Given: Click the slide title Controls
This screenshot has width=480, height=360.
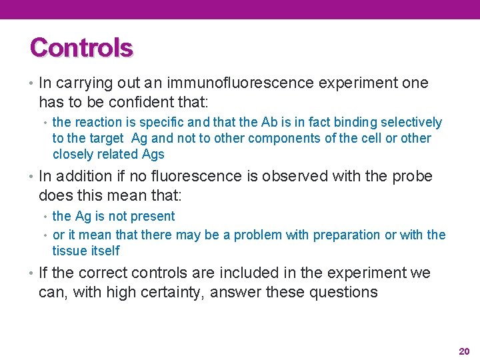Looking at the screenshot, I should click(81, 47).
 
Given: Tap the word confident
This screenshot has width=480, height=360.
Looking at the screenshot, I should click(134, 102).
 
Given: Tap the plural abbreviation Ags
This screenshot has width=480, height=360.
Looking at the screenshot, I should click(153, 155).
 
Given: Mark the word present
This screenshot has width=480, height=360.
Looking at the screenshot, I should click(154, 217).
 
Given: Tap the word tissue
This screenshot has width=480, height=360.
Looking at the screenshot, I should click(68, 251).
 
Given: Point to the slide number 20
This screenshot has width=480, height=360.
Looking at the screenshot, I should click(464, 351).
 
